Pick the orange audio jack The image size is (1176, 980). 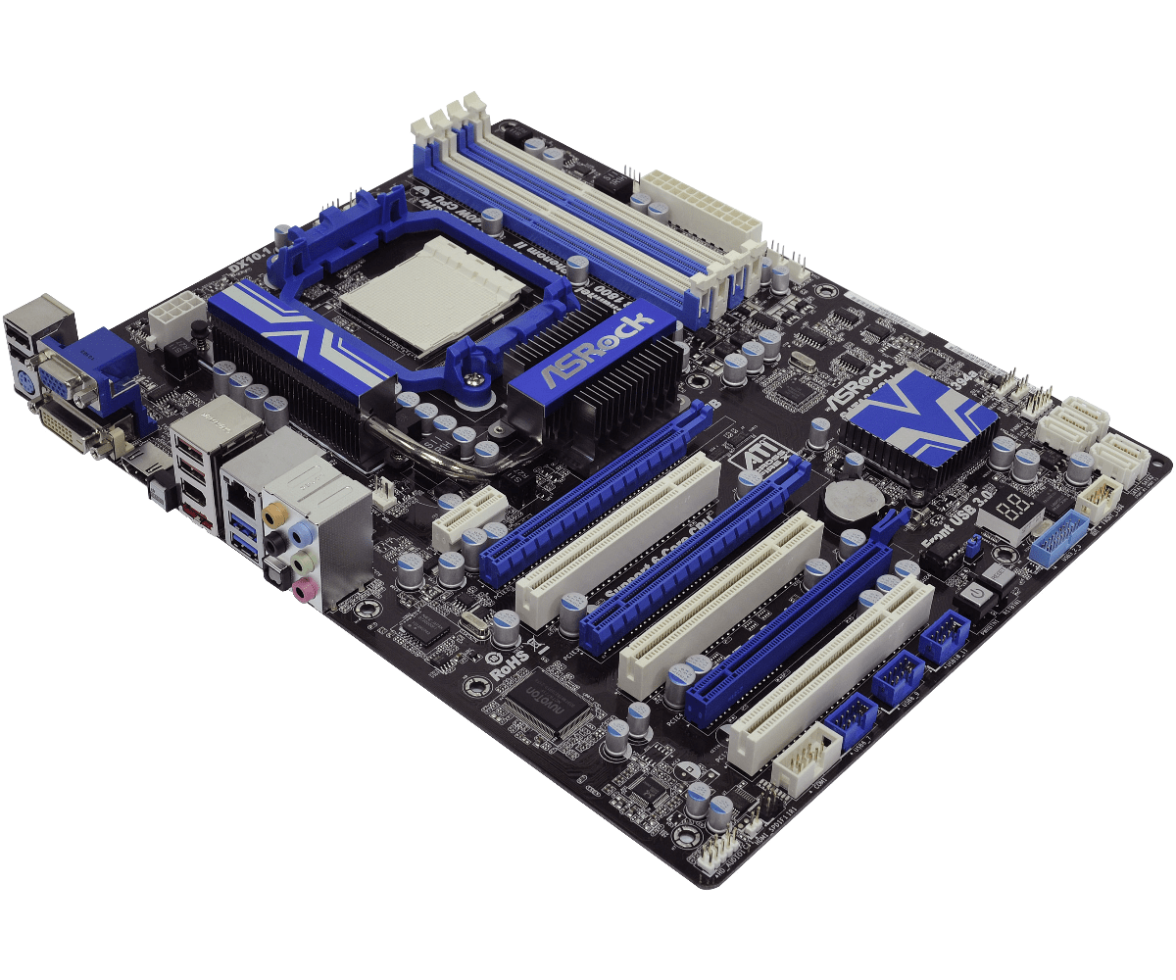click(x=277, y=512)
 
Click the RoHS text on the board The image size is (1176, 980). click(x=510, y=668)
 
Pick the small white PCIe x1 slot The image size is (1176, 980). click(x=468, y=514)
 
